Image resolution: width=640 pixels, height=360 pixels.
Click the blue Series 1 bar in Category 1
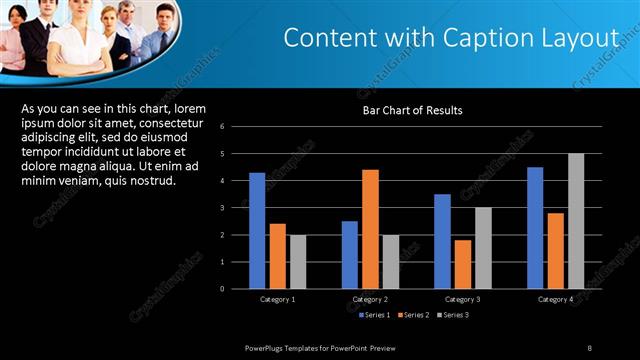pyautogui.click(x=257, y=231)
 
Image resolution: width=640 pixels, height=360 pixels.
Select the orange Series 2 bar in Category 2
pyautogui.click(x=370, y=229)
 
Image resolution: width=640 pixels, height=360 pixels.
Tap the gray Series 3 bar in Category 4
pyautogui.click(x=576, y=221)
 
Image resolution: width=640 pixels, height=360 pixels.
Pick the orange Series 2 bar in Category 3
pyautogui.click(x=463, y=264)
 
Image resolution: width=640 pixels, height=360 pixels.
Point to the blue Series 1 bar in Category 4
pyautogui.click(x=535, y=228)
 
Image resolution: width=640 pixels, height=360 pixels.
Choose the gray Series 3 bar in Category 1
pyautogui.click(x=298, y=262)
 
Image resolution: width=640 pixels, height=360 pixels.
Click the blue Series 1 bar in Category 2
pyautogui.click(x=349, y=255)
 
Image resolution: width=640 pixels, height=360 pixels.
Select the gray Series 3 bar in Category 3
pyautogui.click(x=483, y=248)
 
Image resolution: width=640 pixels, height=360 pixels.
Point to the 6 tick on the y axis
pyautogui.click(x=236, y=127)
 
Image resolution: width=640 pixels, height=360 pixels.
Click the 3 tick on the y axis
pyautogui.click(x=236, y=208)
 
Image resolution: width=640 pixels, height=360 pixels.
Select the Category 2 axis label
pyautogui.click(x=370, y=299)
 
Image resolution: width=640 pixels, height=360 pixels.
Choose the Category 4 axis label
pyautogui.click(x=555, y=299)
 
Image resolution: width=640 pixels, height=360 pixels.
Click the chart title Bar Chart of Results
pyautogui.click(x=412, y=110)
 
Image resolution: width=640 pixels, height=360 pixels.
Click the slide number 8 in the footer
pyautogui.click(x=590, y=347)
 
